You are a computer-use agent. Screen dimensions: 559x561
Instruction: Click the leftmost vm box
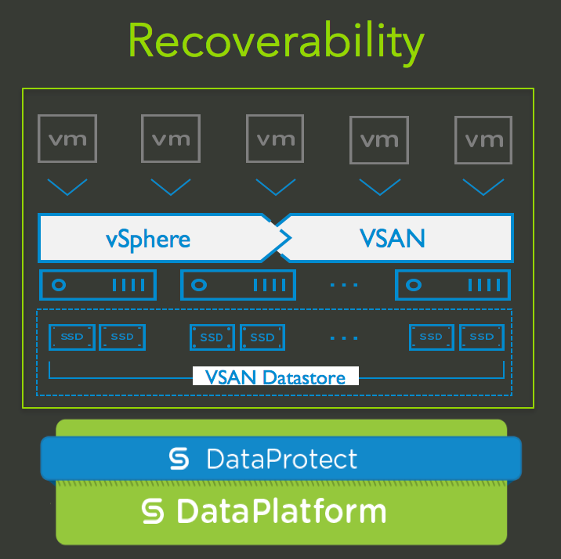[x=68, y=139]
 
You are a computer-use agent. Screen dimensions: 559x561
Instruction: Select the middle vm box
[x=275, y=139]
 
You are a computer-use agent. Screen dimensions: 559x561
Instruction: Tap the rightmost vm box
[x=483, y=140]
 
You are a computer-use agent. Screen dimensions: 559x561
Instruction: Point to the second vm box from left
[x=171, y=139]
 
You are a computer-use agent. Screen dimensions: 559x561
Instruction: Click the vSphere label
[x=149, y=238]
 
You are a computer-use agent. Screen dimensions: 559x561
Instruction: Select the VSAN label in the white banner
[x=392, y=238]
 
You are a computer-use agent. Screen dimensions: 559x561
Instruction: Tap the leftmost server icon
[x=98, y=285]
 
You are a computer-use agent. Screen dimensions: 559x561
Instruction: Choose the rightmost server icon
[x=453, y=285]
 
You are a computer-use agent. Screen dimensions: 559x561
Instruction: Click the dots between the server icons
[x=344, y=286]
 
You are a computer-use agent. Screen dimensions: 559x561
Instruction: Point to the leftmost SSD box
[x=72, y=337]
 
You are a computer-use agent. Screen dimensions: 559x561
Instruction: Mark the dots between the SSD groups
[x=344, y=338]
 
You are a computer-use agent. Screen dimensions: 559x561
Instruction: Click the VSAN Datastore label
[x=275, y=378]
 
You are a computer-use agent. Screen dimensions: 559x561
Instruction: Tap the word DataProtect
[x=281, y=459]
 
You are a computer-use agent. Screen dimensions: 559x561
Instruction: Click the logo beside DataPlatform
[x=153, y=512]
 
